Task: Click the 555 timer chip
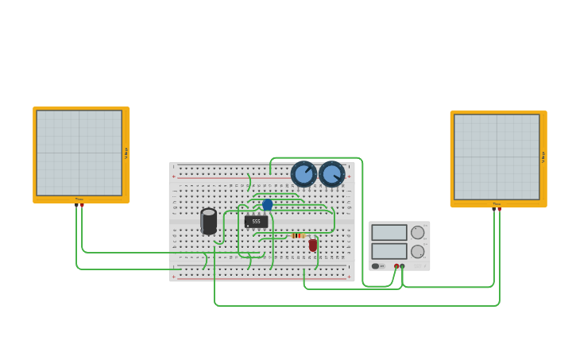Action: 256,222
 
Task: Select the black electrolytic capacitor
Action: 209,221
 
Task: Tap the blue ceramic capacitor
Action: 267,204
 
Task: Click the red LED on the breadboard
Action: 313,246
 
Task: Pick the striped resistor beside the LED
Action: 298,235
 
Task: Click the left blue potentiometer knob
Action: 303,173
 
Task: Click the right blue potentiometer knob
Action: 331,173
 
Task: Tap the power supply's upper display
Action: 389,232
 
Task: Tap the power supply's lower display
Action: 389,251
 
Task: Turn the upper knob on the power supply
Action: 417,232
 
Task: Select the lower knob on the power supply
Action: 417,251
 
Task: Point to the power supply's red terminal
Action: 396,266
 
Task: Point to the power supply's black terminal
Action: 403,266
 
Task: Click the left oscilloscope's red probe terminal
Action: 82,205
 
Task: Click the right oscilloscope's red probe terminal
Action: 499,209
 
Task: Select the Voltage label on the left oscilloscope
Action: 126,153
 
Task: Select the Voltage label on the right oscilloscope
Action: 543,157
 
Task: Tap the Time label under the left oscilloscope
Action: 79,199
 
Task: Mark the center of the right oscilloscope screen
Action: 497,157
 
